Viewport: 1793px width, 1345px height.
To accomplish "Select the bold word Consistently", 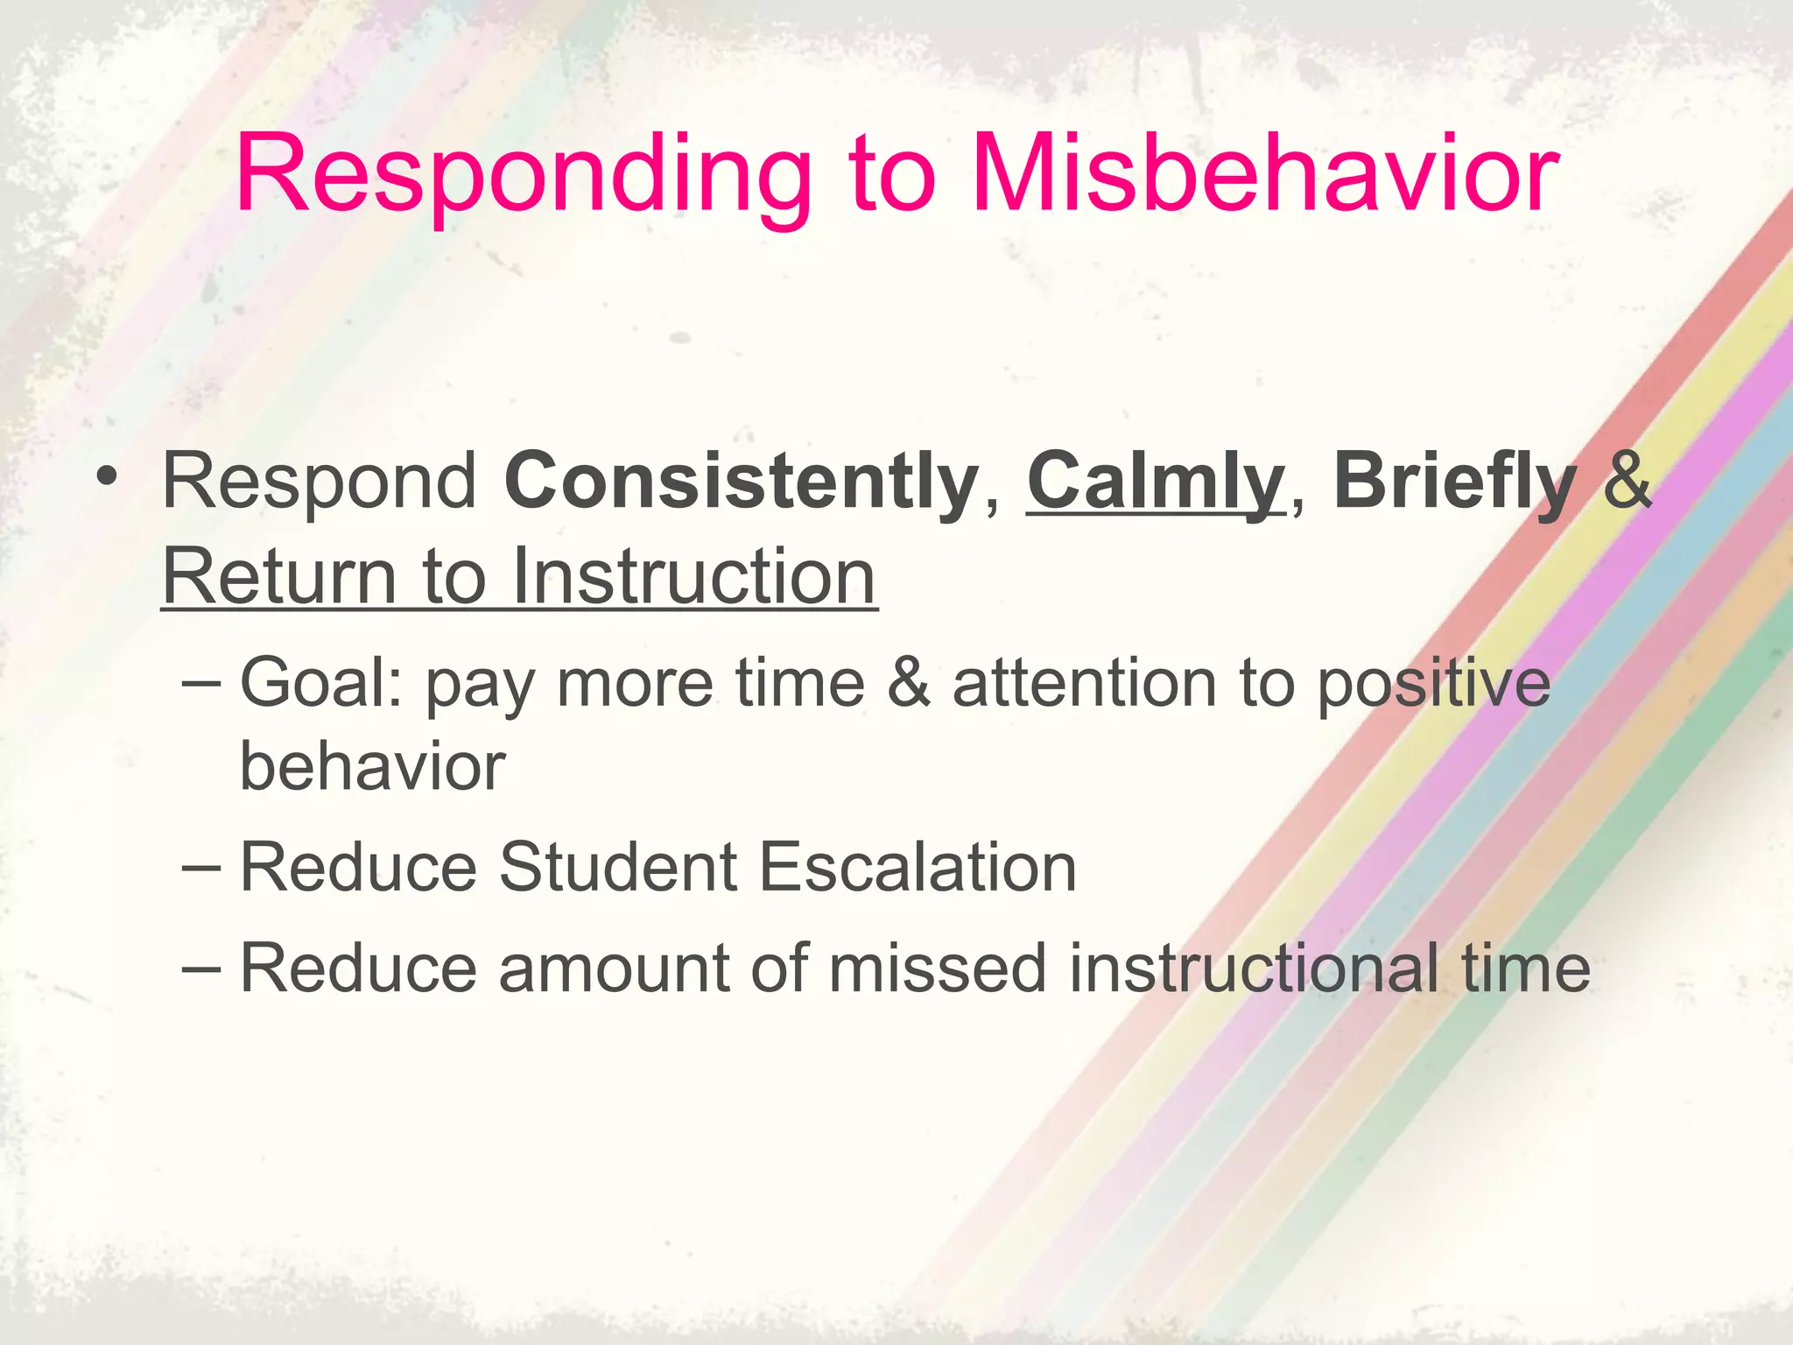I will pos(741,482).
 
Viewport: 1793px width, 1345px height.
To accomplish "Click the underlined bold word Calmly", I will pos(1155,482).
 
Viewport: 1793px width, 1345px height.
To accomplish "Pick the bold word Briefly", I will pos(1454,482).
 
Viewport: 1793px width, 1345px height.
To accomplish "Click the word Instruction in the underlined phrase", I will pos(693,577).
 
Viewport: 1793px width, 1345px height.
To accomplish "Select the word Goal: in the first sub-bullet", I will pos(320,684).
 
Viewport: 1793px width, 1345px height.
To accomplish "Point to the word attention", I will pos(1085,684).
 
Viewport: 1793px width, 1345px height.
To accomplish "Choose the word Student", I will pos(617,868).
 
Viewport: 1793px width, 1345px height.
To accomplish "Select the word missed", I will pos(937,968).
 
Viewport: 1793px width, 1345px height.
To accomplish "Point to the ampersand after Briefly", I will pos(1627,482).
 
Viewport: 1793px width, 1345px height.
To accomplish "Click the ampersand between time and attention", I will pos(909,684).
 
